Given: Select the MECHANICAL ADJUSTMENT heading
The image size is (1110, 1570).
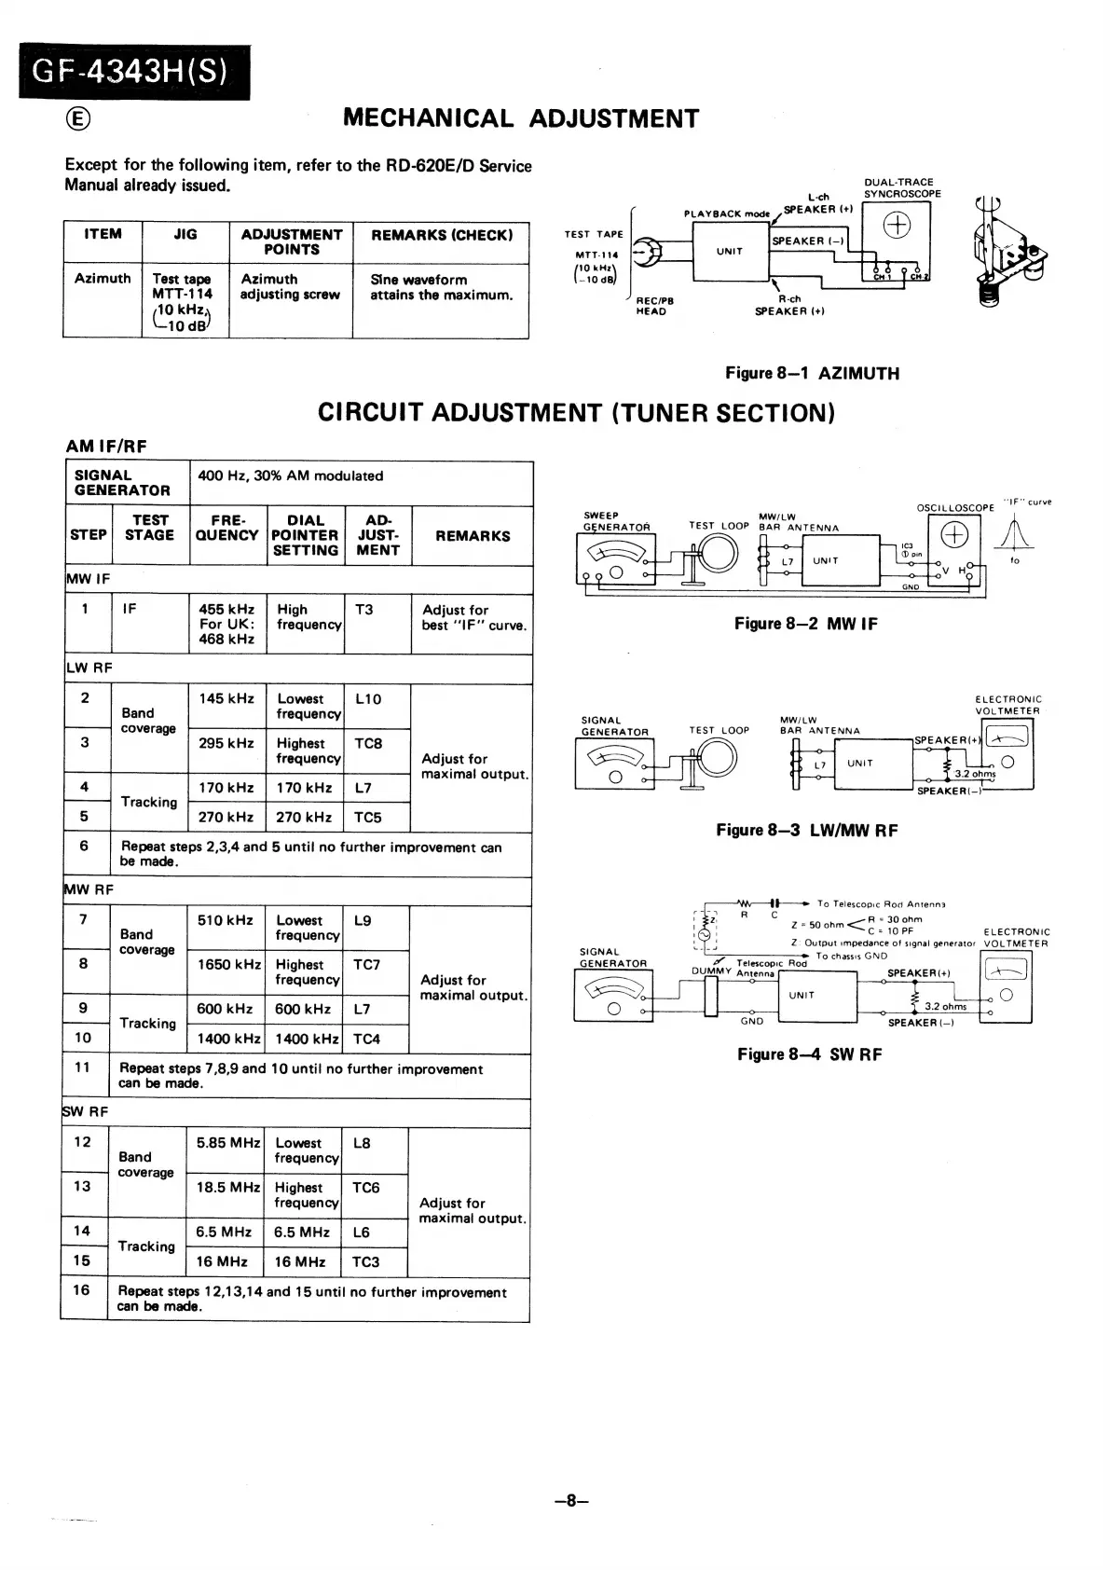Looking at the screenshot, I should pos(520,118).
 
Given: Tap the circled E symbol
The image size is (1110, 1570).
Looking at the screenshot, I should pos(78,118).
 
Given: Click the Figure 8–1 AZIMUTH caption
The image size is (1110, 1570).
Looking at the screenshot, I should pos(812,374).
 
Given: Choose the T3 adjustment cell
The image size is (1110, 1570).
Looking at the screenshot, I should pos(364,610).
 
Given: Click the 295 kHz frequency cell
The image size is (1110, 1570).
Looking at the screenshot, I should pos(226,744).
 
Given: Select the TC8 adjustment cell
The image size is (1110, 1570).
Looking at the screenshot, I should pos(368,744).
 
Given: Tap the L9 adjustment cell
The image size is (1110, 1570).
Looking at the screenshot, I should pos(363,921).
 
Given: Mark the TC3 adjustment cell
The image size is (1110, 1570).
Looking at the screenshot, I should pos(365,1262).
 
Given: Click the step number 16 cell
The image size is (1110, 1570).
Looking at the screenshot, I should pos(82,1290).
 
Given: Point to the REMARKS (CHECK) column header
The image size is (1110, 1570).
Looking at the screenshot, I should pos(442,235).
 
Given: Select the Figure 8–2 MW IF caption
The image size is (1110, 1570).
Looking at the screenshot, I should pos(805,624).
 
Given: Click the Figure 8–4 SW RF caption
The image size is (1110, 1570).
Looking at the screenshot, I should pos(809,1054).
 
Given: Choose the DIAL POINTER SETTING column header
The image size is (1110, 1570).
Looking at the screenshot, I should pos(305,535).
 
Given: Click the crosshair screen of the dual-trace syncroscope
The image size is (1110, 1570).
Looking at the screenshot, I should pos(897,227).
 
